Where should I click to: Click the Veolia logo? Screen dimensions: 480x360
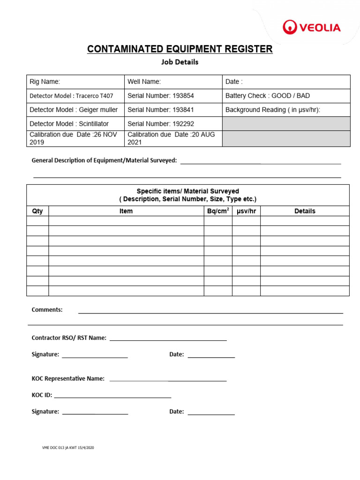pos(311,28)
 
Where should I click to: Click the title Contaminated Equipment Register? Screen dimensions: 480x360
pos(180,49)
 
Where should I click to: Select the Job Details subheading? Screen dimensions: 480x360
pos(180,62)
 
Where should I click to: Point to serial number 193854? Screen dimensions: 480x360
pos(160,96)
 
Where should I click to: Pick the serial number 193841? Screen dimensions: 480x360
pos(160,110)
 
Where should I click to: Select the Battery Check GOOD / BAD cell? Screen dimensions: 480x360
pos(268,96)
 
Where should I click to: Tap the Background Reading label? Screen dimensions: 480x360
pos(273,110)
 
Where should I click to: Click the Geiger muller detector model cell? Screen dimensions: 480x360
pos(74,110)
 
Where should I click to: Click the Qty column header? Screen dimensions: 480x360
pos(37,211)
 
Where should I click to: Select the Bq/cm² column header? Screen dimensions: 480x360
pos(218,211)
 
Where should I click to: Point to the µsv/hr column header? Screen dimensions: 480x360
pos(246,211)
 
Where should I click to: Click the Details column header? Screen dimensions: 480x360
pos(305,211)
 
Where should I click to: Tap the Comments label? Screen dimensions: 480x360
pos(47,310)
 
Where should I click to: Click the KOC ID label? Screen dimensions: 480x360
pos(42,395)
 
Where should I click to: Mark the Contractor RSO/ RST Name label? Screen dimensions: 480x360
pos(69,337)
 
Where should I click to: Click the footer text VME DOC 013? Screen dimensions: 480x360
pos(68,448)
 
